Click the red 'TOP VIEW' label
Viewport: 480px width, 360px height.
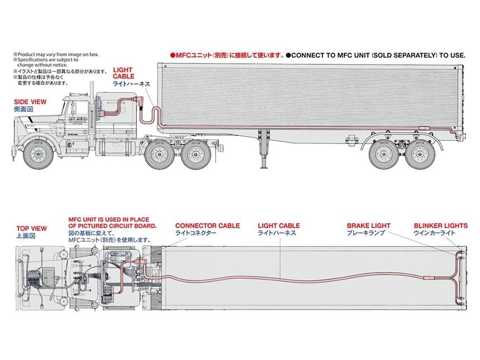point(31,229)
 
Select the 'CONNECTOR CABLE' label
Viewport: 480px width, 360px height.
point(207,226)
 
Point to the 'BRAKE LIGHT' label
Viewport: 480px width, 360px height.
point(368,226)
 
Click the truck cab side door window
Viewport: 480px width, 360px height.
point(75,108)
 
